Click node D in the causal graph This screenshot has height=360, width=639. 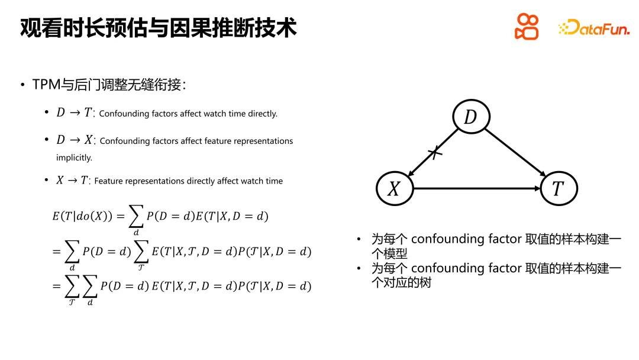(471, 117)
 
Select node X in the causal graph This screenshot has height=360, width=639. (394, 188)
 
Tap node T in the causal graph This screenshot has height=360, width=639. (558, 188)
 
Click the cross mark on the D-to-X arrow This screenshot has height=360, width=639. (435, 153)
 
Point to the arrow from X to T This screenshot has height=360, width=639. (476, 189)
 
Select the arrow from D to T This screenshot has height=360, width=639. (516, 152)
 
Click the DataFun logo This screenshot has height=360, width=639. (594, 28)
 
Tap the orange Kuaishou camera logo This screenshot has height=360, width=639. (527, 27)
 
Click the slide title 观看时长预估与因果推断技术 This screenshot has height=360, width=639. (158, 28)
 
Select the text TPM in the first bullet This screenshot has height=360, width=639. (46, 85)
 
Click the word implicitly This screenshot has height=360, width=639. (74, 157)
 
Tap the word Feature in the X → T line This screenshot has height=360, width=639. (108, 181)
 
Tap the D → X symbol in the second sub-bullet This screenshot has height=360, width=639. (75, 140)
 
